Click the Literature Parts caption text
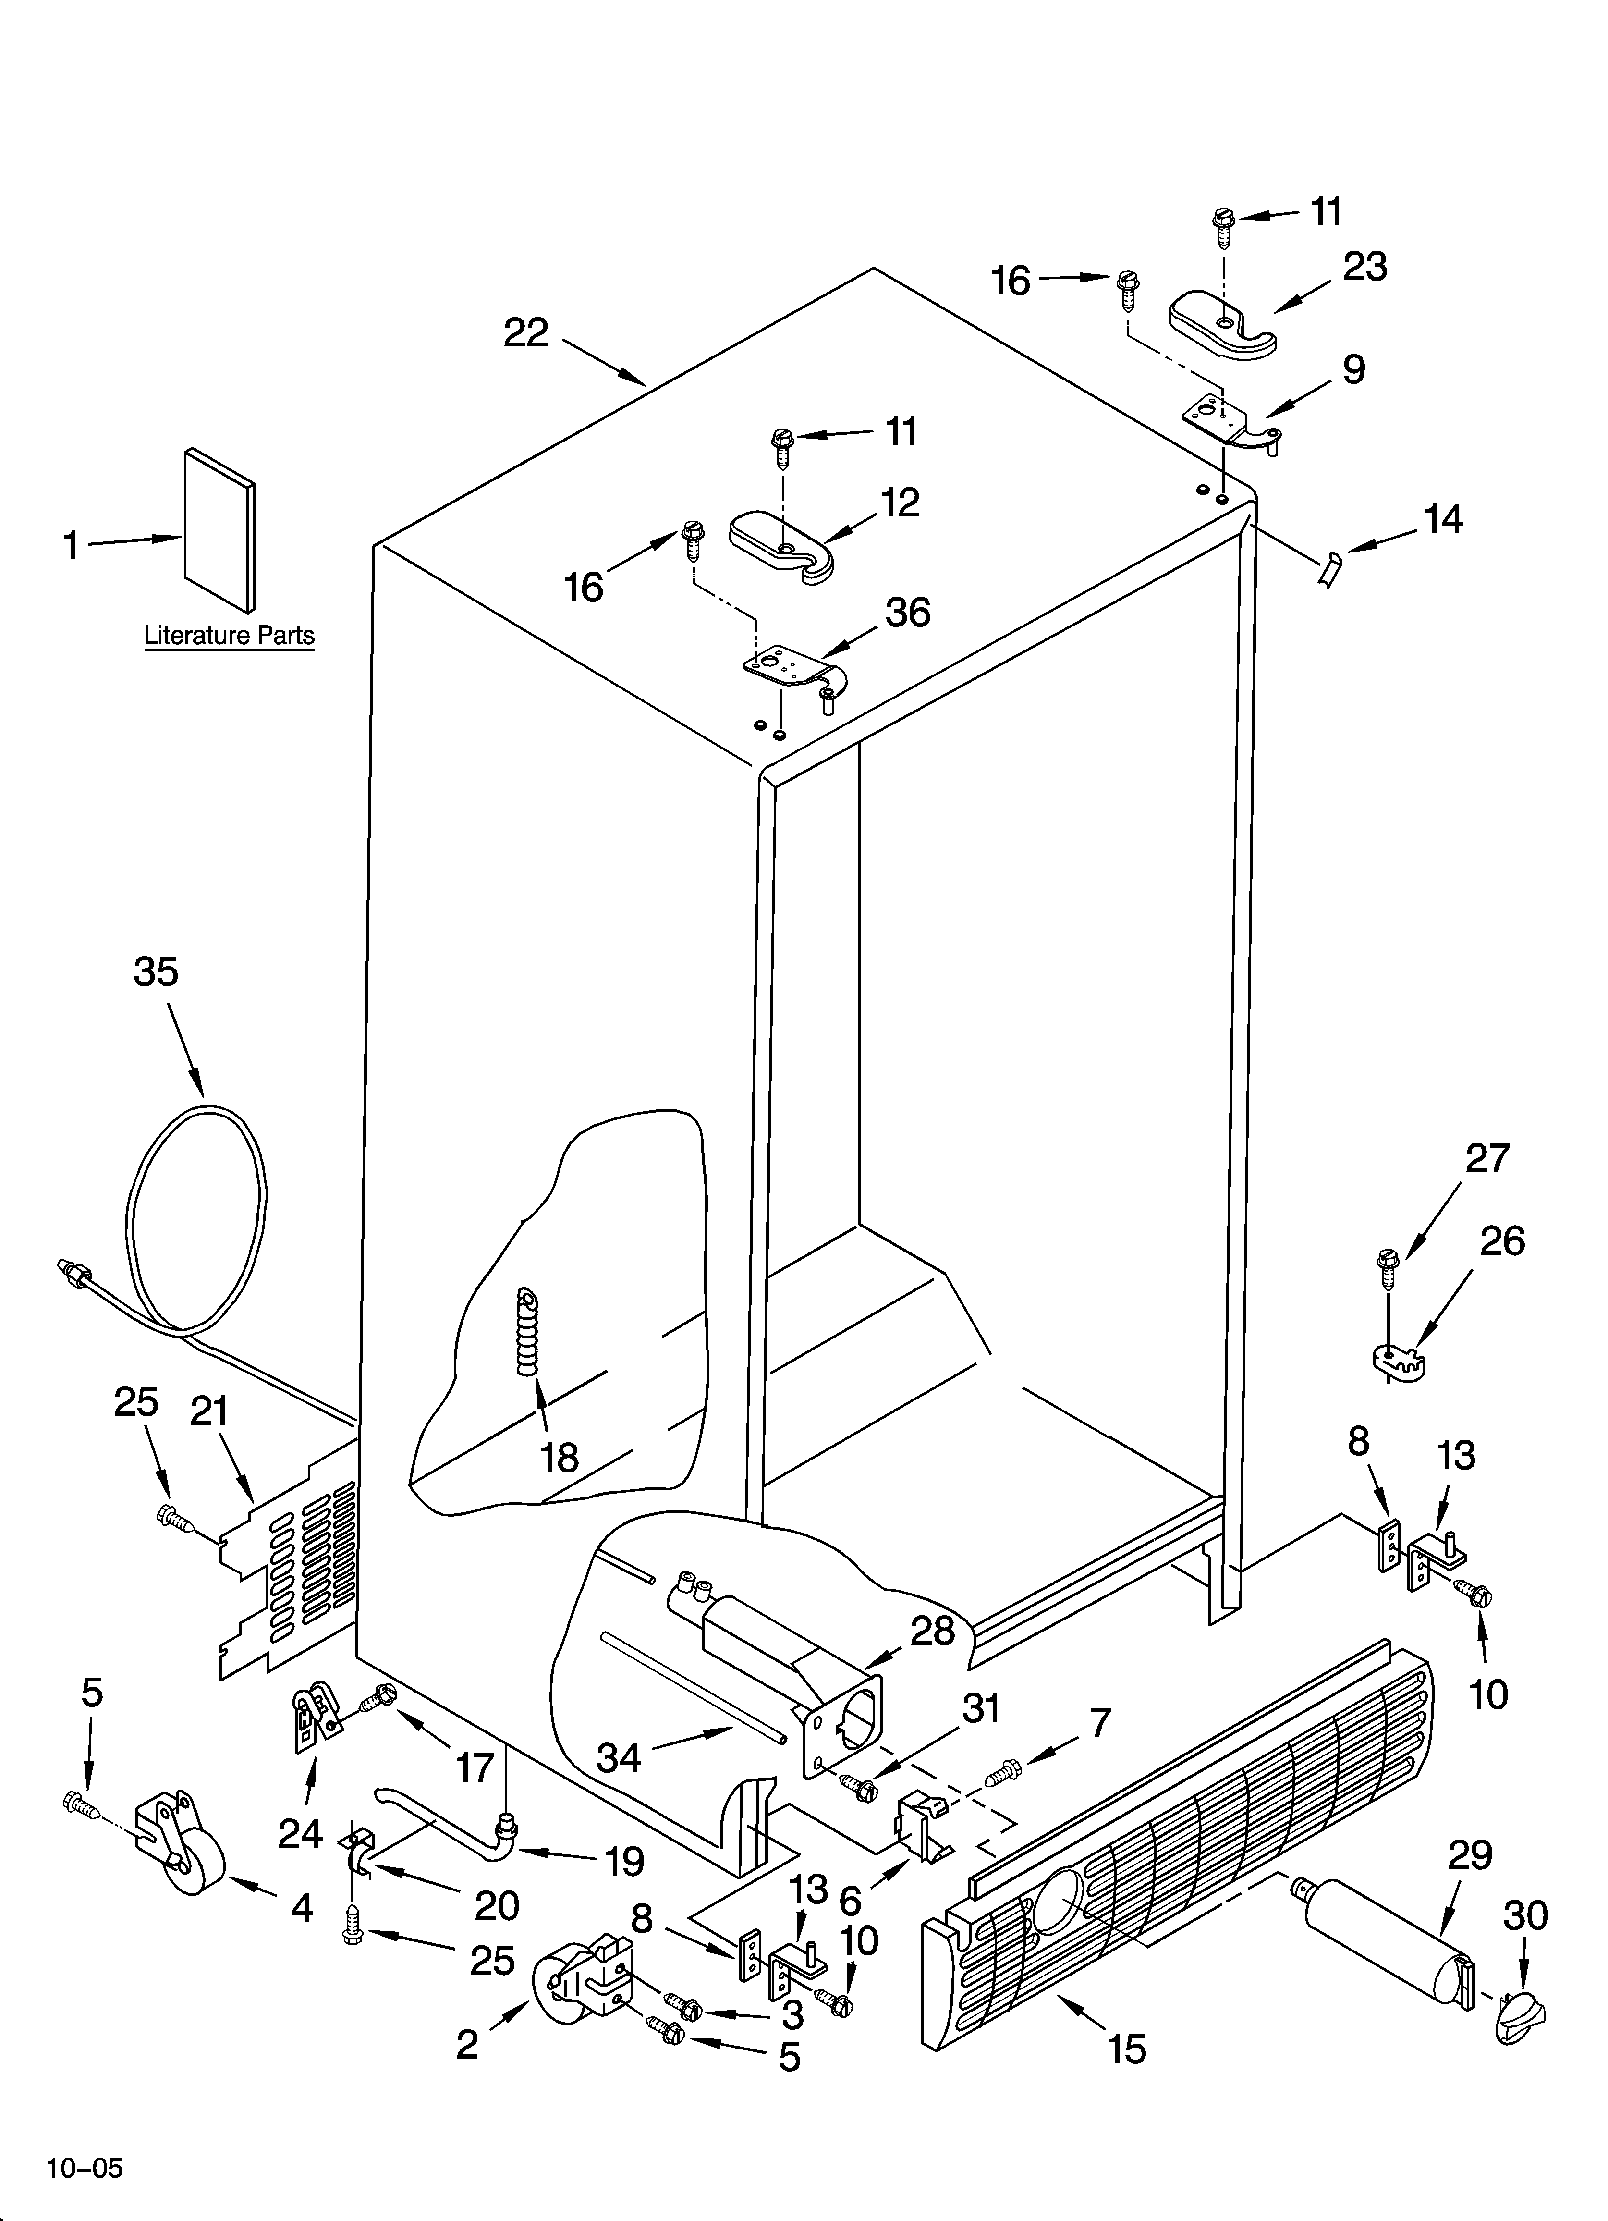229,636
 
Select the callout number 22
526,334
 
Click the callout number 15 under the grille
1127,2049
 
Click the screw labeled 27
1388,1270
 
